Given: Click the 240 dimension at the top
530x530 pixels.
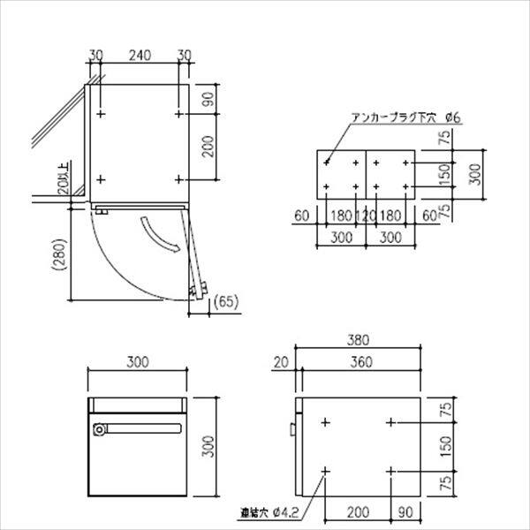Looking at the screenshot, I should point(138,55).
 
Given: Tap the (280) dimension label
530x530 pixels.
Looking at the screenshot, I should point(59,258).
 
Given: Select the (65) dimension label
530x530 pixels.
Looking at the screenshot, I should point(226,303).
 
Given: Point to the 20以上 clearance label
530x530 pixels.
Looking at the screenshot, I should point(61,182).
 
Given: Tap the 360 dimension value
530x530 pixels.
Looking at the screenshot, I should point(359,361).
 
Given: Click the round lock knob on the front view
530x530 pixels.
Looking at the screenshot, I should point(98,429).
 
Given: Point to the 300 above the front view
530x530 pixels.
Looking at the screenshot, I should point(137,361).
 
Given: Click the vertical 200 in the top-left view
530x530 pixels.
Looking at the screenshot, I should point(208,147).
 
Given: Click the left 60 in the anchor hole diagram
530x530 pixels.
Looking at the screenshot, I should point(301,215).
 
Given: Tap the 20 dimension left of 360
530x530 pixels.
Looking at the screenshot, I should point(281,361).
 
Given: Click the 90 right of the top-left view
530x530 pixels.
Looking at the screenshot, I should point(208,99).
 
